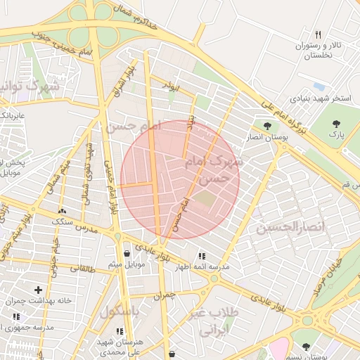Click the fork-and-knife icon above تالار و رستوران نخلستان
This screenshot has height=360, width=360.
[x=318, y=34]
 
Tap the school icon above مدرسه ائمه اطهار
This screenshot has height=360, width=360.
[x=202, y=257]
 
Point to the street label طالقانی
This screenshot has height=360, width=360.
[x=80, y=268]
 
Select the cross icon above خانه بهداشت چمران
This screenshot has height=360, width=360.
[x=38, y=290]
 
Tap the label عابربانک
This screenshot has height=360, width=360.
[x=12, y=114]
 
